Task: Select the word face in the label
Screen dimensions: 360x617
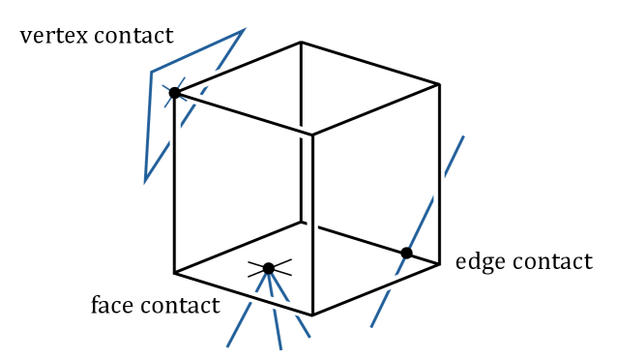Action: [x=112, y=307]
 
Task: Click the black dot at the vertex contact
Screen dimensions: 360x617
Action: [x=175, y=94]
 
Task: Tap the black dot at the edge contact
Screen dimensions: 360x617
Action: [x=406, y=253]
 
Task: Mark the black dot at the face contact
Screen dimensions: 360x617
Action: [x=268, y=268]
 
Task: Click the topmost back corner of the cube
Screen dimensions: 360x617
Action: [x=301, y=43]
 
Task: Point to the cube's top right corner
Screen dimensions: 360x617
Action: [x=440, y=84]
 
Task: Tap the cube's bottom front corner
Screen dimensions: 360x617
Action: [x=312, y=315]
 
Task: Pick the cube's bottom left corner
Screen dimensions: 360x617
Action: [x=175, y=272]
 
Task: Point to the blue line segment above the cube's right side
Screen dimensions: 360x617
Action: [x=455, y=155]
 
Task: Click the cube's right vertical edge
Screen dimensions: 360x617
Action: [x=440, y=174]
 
